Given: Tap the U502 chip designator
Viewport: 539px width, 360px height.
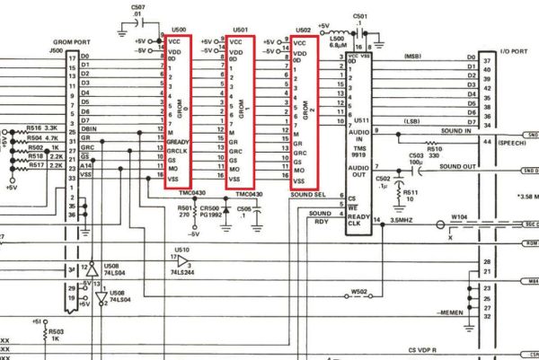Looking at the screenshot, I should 305,29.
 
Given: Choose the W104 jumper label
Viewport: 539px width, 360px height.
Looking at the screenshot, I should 460,215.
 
